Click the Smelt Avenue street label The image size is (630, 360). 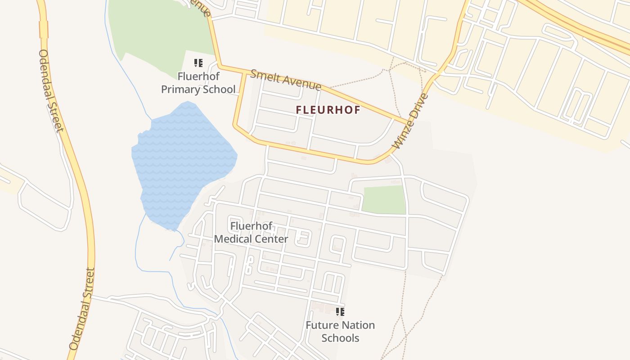click(285, 79)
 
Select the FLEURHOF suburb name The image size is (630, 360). click(328, 110)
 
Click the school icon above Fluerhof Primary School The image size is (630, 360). click(198, 63)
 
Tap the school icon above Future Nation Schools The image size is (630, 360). click(340, 311)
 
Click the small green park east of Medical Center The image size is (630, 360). click(384, 199)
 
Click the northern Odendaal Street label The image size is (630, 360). click(50, 90)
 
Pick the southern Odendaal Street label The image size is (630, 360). click(82, 310)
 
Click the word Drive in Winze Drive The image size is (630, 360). click(418, 107)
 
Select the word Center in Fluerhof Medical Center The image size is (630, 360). click(271, 239)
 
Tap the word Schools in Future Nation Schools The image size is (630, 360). click(340, 338)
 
